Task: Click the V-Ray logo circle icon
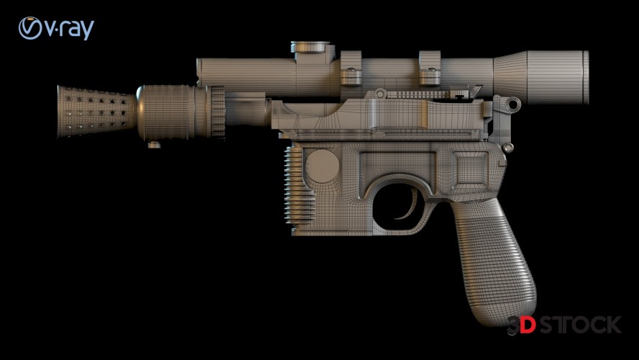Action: [30, 28]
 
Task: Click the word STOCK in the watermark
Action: [580, 325]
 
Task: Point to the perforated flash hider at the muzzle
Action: [97, 112]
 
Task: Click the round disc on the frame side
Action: [322, 166]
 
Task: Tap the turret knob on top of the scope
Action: [310, 47]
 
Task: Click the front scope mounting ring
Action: [350, 68]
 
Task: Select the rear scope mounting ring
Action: [430, 68]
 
